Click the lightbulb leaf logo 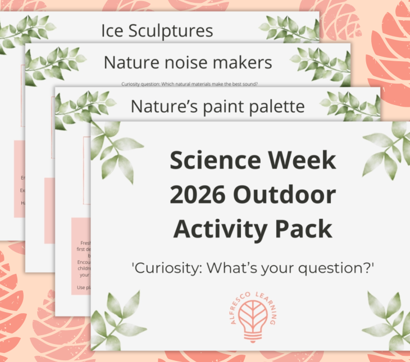coord(252,319)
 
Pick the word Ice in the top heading coord(112,31)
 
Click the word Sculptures coord(170,31)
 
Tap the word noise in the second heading coord(187,62)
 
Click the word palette coord(276,106)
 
